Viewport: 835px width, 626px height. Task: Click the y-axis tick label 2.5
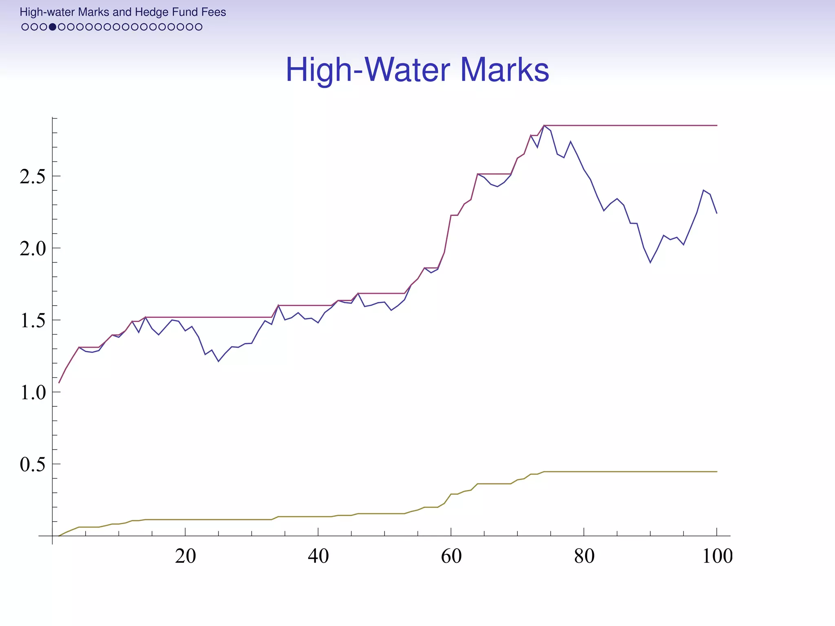(32, 177)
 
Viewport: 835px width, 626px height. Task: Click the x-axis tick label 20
(186, 556)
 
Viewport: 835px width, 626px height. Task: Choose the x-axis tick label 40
(318, 556)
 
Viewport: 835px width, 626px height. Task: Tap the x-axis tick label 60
(451, 556)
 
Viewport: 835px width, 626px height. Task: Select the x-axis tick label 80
(584, 556)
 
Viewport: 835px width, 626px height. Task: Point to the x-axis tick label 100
(717, 556)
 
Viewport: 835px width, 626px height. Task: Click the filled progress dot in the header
(53, 27)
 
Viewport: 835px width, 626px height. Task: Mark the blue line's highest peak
(544, 125)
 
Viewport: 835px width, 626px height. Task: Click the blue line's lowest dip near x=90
(650, 263)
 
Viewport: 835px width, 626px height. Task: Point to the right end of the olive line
(717, 472)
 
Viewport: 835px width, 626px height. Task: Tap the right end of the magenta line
(717, 126)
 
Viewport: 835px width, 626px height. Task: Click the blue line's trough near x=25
(219, 361)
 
